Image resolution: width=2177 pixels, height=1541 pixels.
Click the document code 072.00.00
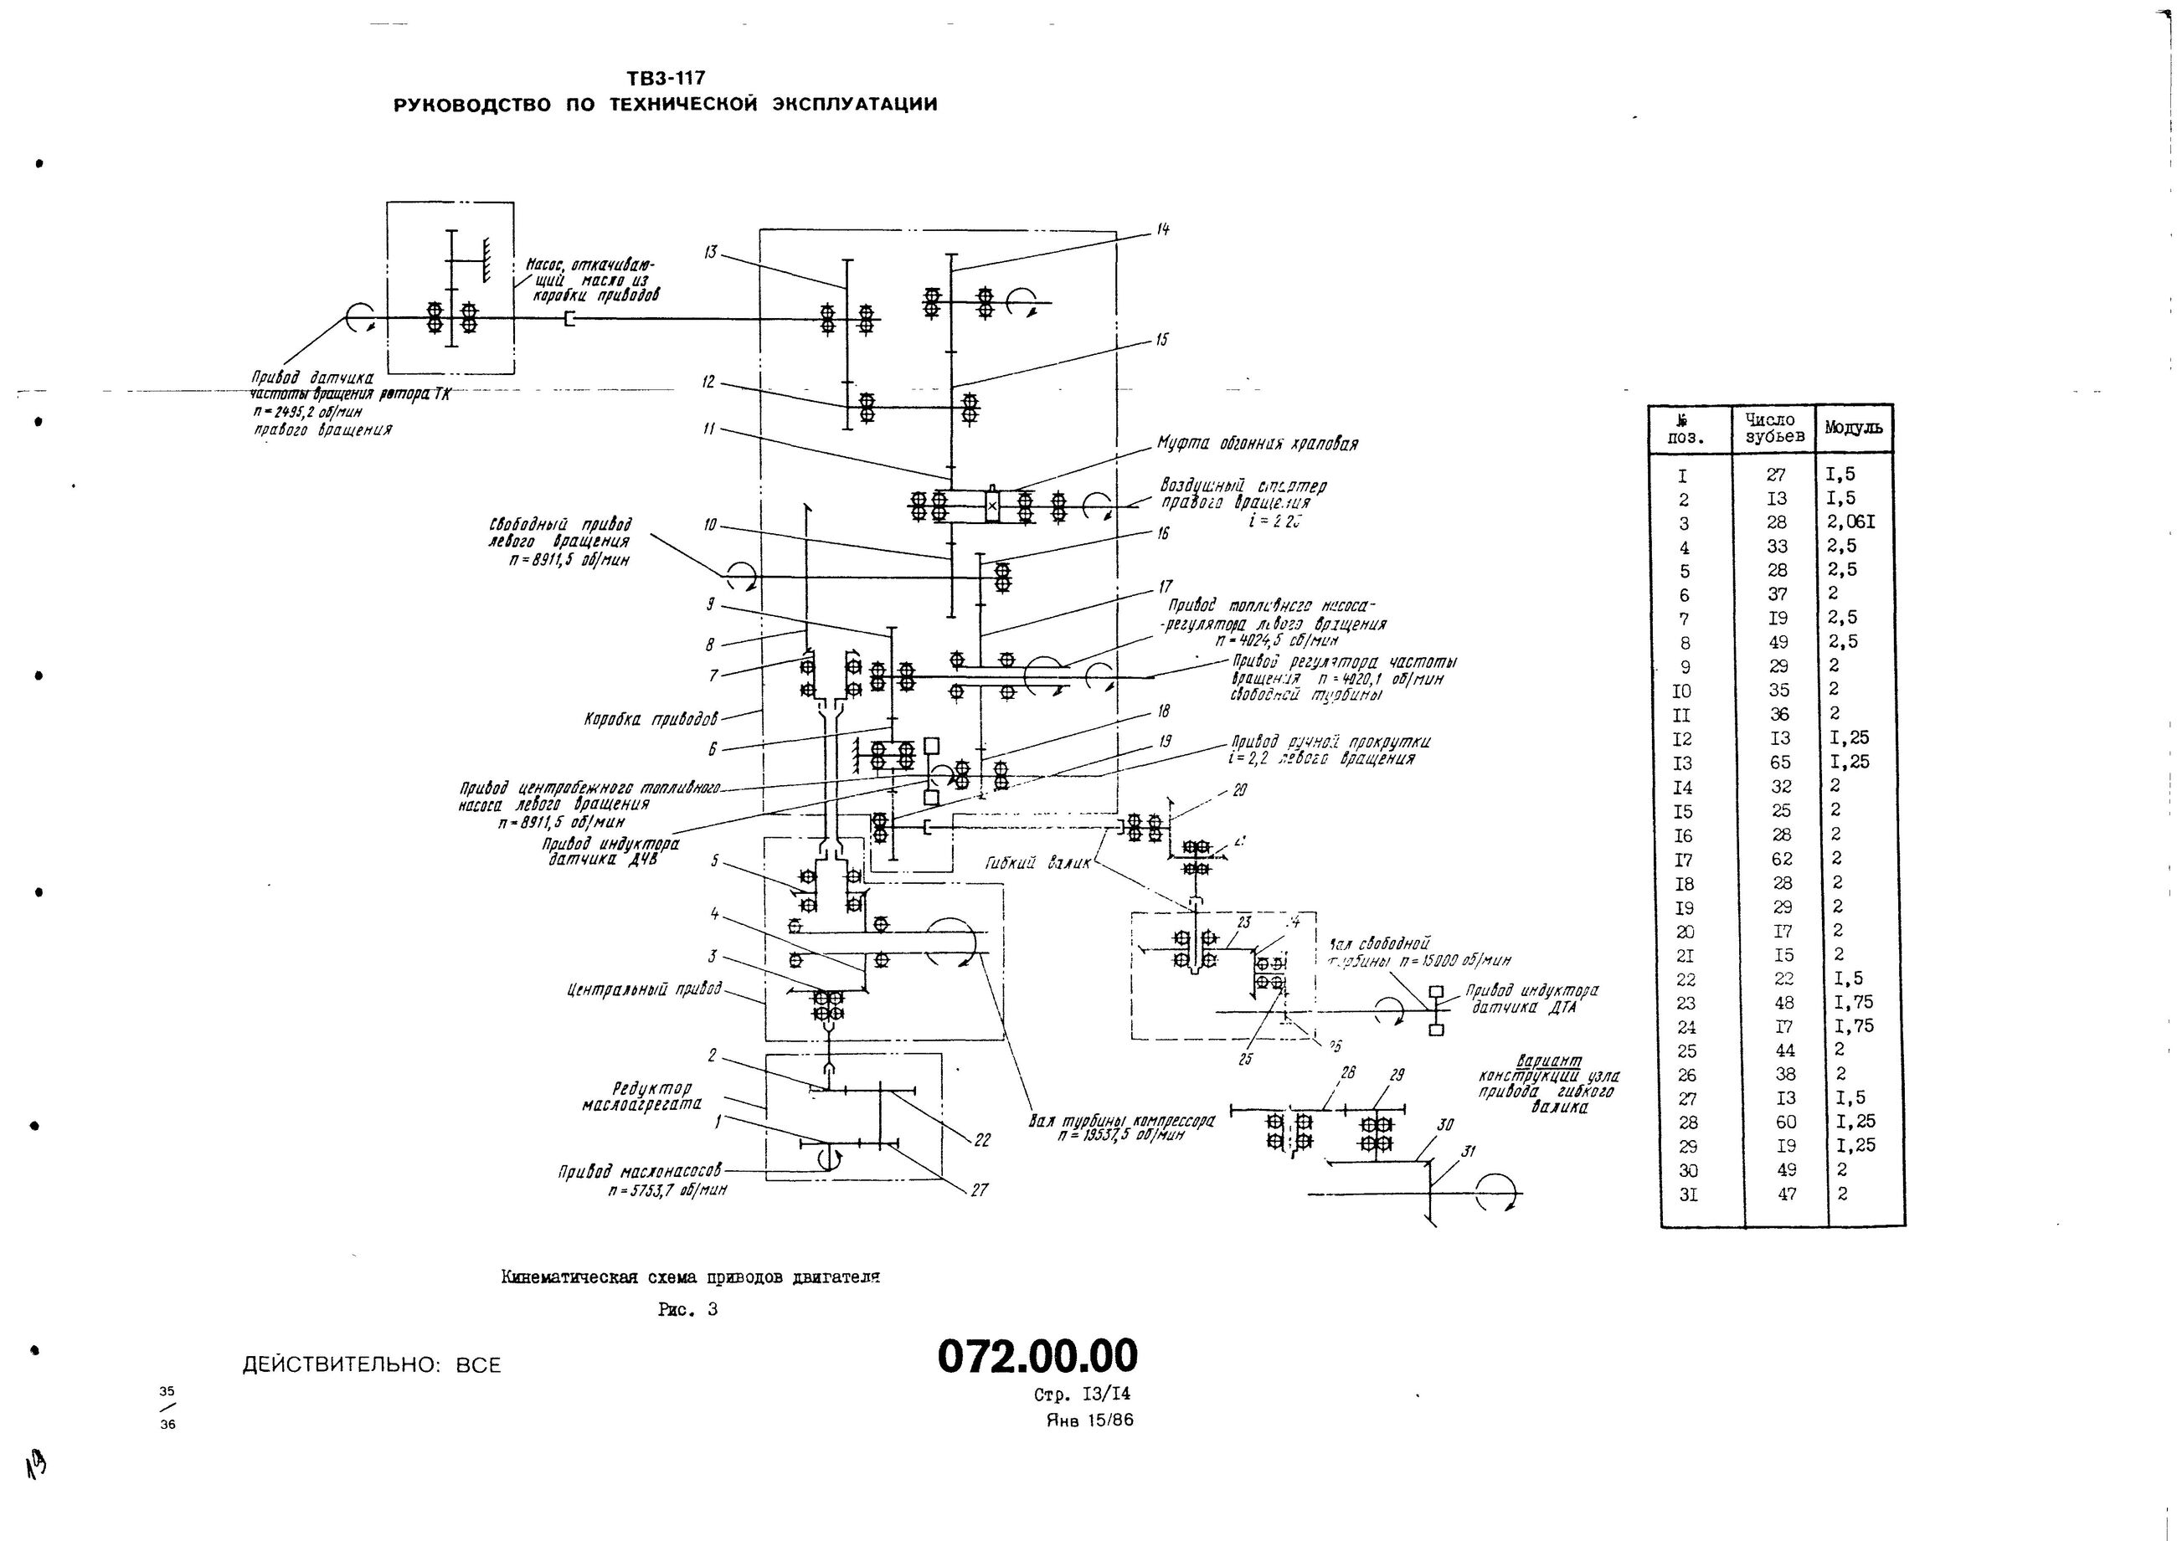(1037, 1357)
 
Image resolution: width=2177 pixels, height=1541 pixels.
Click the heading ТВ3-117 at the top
(666, 79)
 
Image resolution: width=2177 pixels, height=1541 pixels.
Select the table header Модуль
(1854, 428)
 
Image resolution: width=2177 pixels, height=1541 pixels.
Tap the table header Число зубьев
(1773, 428)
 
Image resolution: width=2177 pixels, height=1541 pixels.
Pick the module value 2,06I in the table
(1851, 521)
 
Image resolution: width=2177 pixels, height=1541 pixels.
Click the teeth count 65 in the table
(1779, 762)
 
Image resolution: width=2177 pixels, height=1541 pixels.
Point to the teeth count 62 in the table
(1780, 859)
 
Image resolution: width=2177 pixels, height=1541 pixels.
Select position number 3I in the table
(1688, 1195)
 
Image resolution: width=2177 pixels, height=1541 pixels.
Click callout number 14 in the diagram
(1162, 229)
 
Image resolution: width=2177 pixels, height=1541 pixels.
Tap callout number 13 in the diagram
(712, 253)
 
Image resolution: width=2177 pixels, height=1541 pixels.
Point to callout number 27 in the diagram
(980, 1189)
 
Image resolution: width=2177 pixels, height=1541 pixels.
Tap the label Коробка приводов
(651, 718)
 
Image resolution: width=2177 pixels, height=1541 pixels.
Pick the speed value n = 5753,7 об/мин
(668, 1189)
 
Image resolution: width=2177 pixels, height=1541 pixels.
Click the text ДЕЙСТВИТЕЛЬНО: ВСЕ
(371, 1365)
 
